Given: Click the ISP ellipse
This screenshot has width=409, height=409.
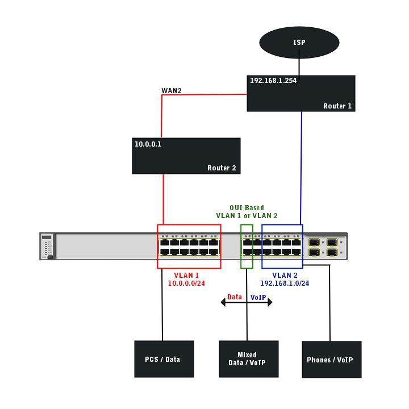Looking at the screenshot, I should pos(299,43).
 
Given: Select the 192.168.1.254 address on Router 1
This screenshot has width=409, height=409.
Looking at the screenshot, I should pos(273,81).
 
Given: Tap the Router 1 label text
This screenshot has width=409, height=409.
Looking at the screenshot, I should pos(337,106).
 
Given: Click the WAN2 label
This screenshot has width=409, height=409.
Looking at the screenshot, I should pos(172,90).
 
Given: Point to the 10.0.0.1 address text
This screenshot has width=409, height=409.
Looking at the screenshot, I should pos(148,144).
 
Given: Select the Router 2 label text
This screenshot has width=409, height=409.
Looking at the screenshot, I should pos(221,168).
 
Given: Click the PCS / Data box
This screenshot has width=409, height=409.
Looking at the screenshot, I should pos(164,359).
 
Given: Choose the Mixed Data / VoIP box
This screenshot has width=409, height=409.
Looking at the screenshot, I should pos(249,359).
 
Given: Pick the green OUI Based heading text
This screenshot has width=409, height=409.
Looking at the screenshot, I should pos(247,208).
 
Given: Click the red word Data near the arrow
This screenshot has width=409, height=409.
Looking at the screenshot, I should pos(235,297).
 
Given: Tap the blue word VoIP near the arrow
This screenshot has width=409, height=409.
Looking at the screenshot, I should pos(258,297).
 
